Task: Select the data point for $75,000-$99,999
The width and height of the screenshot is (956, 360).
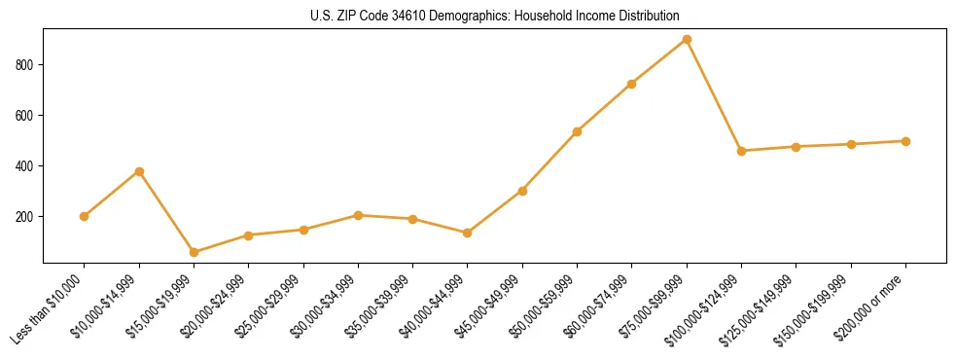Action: pyautogui.click(x=687, y=40)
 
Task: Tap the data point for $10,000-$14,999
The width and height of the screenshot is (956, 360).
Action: pyautogui.click(x=139, y=171)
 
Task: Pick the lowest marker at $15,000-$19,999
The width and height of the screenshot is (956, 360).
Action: pyautogui.click(x=194, y=252)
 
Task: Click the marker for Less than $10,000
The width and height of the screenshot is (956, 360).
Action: pyautogui.click(x=85, y=216)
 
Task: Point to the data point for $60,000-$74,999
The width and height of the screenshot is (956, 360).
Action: pyautogui.click(x=632, y=84)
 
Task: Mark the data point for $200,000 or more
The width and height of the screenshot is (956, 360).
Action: pyautogui.click(x=905, y=141)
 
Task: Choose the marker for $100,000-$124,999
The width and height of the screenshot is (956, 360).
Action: pyautogui.click(x=741, y=151)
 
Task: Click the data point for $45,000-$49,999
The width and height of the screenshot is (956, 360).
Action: pyautogui.click(x=522, y=191)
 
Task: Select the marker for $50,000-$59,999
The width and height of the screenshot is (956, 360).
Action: pyautogui.click(x=578, y=131)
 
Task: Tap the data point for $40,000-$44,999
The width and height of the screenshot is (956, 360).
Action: pyautogui.click(x=468, y=233)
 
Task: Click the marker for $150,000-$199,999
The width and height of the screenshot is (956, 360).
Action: pyautogui.click(x=851, y=144)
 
